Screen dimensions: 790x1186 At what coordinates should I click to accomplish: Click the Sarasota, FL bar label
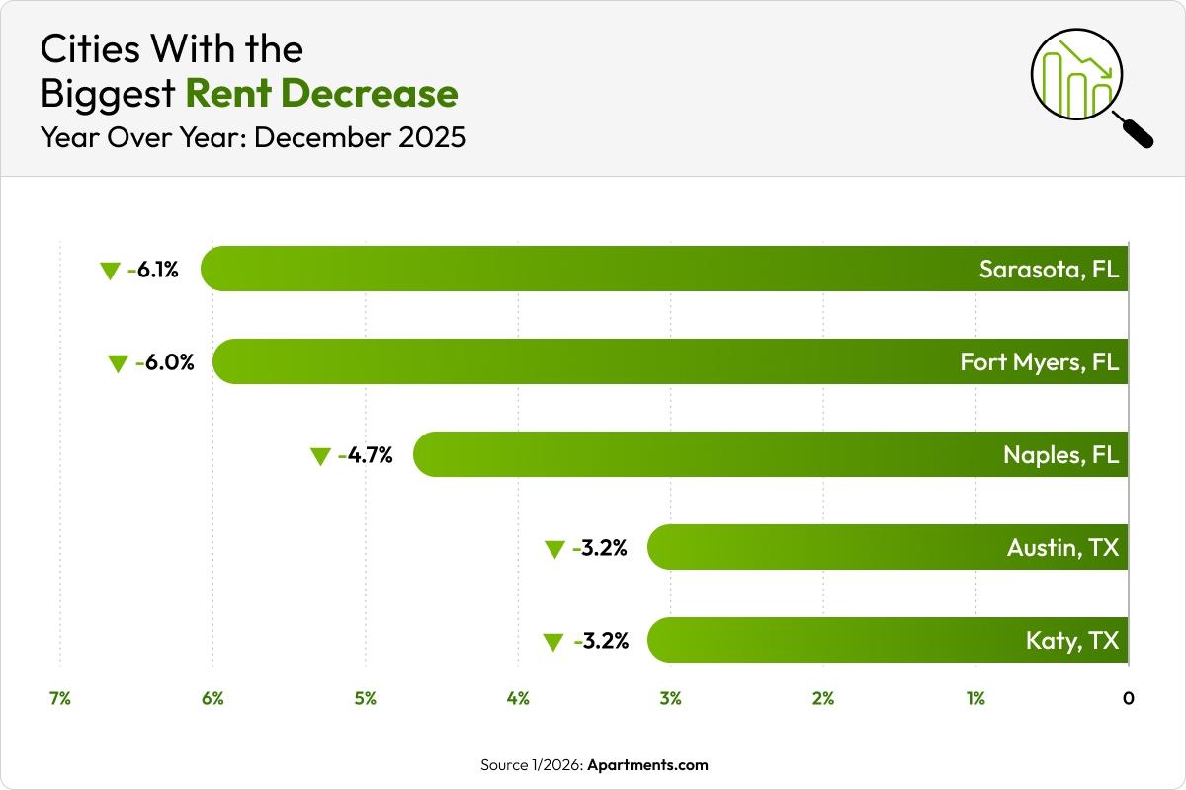(1049, 270)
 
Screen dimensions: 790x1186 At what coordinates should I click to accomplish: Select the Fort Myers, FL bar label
(1039, 362)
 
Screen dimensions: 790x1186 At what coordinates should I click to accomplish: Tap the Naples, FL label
(1060, 455)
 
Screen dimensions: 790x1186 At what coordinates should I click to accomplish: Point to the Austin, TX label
(1062, 547)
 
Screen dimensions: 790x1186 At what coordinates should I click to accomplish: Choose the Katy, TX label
(1072, 641)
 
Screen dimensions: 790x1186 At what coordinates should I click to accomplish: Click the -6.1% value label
(153, 270)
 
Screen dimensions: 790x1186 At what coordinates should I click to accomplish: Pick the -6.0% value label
(164, 362)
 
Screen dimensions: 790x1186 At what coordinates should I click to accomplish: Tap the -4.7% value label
(365, 455)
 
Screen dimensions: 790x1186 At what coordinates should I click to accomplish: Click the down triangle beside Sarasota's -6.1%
(110, 272)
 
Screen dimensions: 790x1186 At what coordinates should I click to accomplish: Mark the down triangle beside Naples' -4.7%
(320, 456)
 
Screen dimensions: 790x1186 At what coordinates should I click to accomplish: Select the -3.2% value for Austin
(600, 547)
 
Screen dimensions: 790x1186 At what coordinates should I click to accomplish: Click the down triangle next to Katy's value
(553, 643)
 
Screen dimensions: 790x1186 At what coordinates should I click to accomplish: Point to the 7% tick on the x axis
(59, 699)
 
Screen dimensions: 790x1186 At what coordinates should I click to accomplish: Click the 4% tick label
(518, 699)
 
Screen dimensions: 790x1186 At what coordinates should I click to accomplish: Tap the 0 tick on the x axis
(1128, 699)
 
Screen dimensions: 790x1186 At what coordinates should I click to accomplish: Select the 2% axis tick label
(823, 699)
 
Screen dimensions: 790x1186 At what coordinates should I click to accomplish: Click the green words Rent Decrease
(321, 94)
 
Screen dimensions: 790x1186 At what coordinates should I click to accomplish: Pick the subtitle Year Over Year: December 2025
(252, 137)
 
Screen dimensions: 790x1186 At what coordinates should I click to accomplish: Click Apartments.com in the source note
(649, 765)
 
